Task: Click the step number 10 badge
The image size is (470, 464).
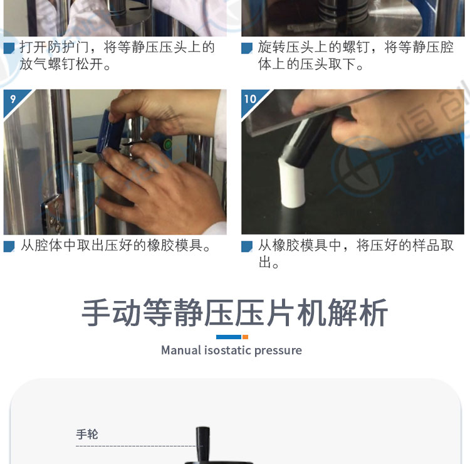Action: (251, 99)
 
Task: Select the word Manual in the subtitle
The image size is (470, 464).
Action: (181, 350)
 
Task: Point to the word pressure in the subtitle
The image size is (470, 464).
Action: (278, 351)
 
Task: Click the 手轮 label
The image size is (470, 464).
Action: (87, 434)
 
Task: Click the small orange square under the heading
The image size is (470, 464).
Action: (245, 337)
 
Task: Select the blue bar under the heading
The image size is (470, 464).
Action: (229, 337)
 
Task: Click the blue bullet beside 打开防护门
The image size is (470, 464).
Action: (9, 48)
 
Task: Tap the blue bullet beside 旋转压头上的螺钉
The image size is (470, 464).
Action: (247, 48)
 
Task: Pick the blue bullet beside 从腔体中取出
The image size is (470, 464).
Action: (9, 246)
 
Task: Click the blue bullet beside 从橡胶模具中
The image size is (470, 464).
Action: (247, 246)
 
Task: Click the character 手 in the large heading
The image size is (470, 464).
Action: (96, 312)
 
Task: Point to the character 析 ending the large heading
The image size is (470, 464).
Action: (373, 312)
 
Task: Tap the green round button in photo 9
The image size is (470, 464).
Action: (168, 145)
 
